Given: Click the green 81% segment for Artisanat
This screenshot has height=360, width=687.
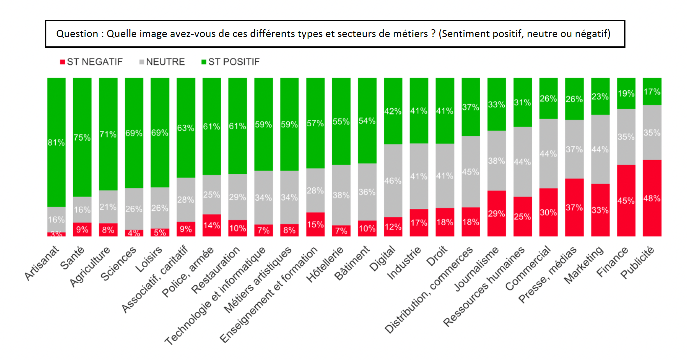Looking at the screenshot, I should [x=56, y=142].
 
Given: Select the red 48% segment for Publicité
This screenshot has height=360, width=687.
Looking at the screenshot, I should [x=652, y=198].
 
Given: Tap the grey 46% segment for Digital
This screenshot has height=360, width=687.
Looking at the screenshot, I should [x=393, y=180].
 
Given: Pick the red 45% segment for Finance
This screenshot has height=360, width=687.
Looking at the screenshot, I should [x=626, y=200].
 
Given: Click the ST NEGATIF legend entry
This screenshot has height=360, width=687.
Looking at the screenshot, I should [x=92, y=62].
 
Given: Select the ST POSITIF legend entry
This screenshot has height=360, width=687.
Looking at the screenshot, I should [x=231, y=62].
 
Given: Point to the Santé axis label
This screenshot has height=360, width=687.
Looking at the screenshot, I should [x=73, y=258].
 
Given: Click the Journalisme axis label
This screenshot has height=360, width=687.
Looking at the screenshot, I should [x=477, y=269].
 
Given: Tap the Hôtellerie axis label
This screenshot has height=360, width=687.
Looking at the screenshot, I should [x=325, y=264].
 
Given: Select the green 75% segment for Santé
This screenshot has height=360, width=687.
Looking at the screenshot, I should [x=82, y=137].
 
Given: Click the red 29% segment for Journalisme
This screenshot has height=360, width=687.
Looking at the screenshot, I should [x=497, y=213].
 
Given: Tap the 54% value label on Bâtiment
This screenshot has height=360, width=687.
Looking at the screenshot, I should [x=367, y=121].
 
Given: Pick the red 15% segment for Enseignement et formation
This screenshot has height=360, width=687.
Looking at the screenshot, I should [x=315, y=224].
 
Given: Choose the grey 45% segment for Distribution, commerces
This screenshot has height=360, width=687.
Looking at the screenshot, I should [x=470, y=171].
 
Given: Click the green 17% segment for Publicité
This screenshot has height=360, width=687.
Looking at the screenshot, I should [x=652, y=92].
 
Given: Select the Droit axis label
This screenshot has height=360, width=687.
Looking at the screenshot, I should [x=437, y=257].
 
